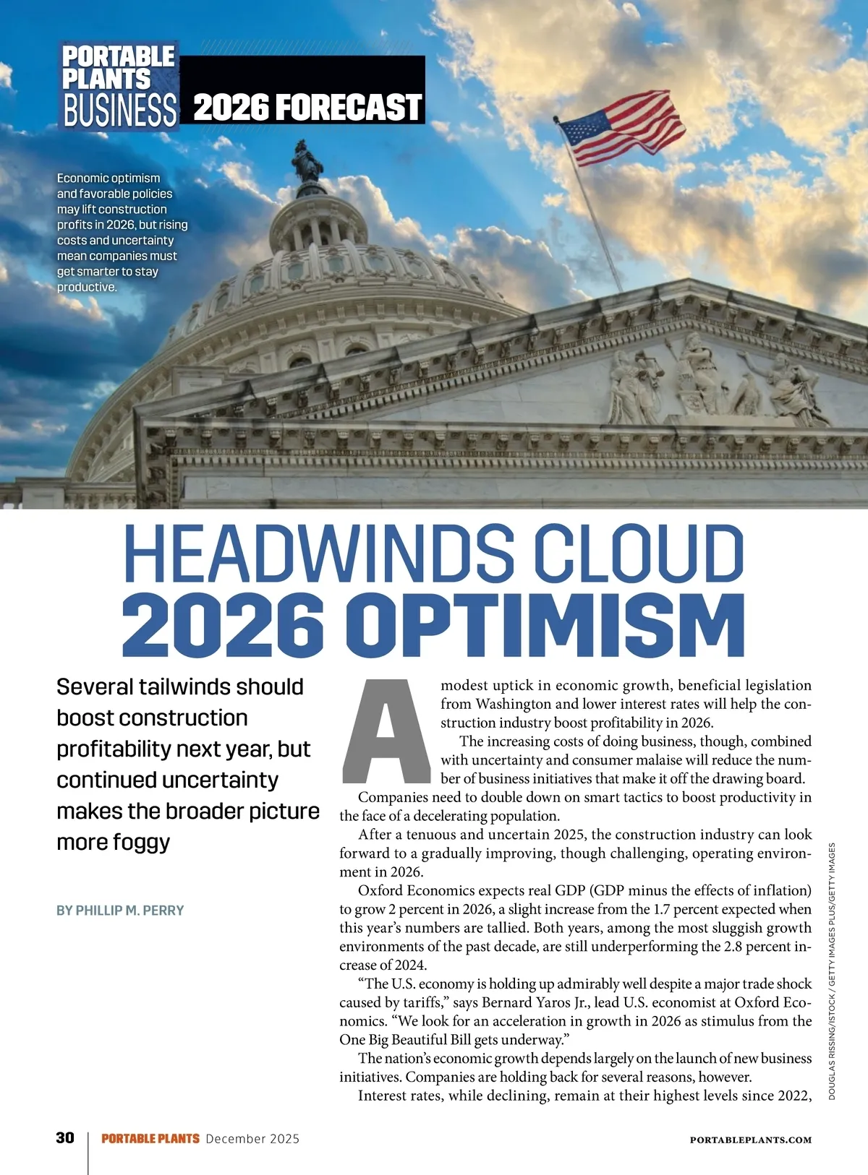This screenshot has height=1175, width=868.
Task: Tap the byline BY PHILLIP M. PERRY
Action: click(120, 911)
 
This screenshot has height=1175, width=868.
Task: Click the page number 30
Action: click(65, 1138)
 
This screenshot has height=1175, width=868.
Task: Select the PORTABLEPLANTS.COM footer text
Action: click(750, 1140)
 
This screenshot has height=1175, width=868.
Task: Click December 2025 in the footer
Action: click(252, 1139)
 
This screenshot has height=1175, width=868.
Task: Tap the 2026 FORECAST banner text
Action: click(307, 108)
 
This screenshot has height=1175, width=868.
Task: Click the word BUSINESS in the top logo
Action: click(120, 111)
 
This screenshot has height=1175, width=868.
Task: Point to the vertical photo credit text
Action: click(832, 972)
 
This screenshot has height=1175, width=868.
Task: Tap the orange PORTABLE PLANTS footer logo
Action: click(150, 1139)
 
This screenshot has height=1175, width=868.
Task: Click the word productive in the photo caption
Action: click(86, 287)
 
